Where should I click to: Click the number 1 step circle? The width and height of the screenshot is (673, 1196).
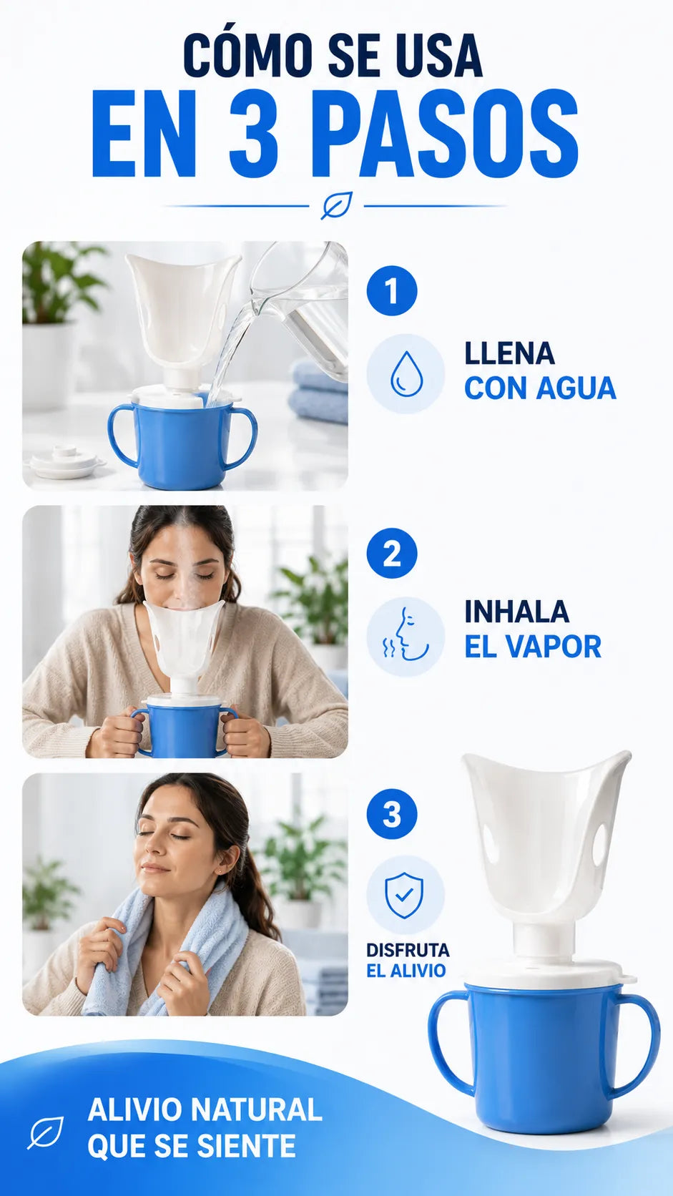pyautogui.click(x=392, y=290)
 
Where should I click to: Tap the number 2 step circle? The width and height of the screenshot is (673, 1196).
pyautogui.click(x=392, y=553)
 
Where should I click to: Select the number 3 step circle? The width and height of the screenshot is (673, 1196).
pyautogui.click(x=392, y=814)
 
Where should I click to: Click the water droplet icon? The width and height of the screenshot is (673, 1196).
pyautogui.click(x=406, y=373)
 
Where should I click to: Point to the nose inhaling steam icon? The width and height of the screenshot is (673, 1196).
pyautogui.click(x=406, y=635)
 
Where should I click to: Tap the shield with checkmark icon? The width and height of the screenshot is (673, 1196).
pyautogui.click(x=405, y=895)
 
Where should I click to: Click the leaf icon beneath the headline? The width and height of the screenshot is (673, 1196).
pyautogui.click(x=337, y=205)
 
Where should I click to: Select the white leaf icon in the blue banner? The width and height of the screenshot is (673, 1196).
pyautogui.click(x=46, y=1132)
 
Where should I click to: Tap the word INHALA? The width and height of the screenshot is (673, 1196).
pyautogui.click(x=516, y=612)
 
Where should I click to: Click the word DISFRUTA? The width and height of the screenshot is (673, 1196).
pyautogui.click(x=408, y=950)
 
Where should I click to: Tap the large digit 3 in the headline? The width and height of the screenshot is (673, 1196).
pyautogui.click(x=253, y=135)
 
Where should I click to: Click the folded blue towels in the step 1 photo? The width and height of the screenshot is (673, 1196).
pyautogui.click(x=319, y=389)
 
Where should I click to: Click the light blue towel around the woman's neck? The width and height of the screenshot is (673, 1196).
pyautogui.click(x=160, y=955)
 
